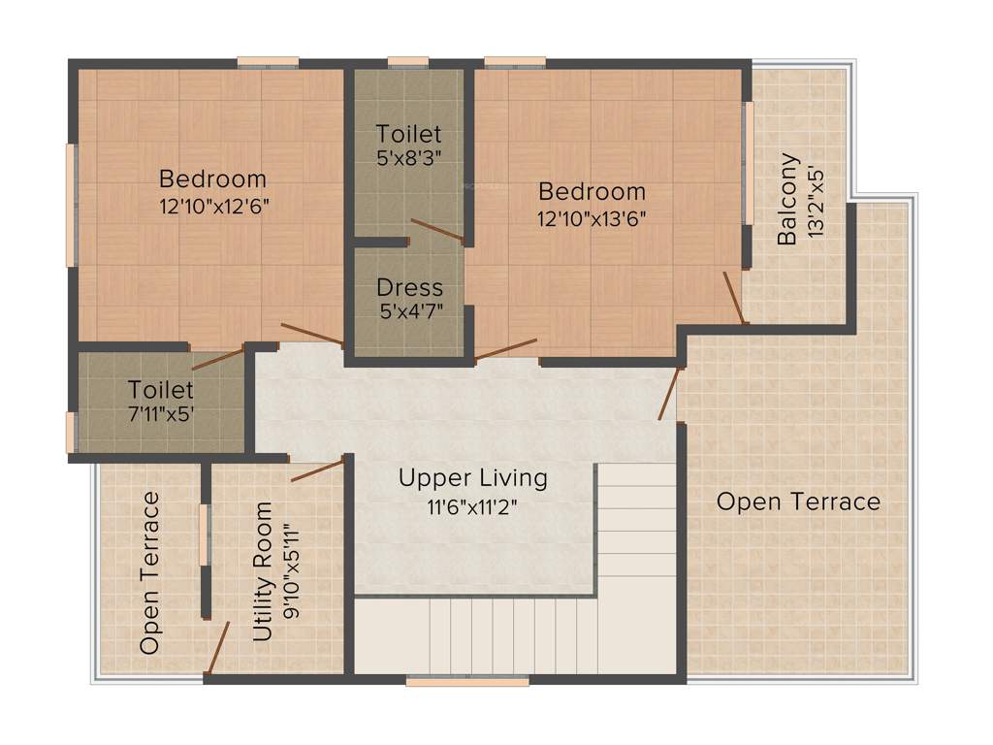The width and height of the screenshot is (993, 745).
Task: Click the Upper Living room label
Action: pyautogui.click(x=472, y=478)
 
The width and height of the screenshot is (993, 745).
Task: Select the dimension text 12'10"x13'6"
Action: pyautogui.click(x=592, y=217)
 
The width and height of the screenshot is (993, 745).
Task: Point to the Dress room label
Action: pyautogui.click(x=409, y=288)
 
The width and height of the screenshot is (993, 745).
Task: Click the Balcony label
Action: pyautogui.click(x=789, y=199)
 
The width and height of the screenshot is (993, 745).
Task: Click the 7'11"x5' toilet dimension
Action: pyautogui.click(x=161, y=414)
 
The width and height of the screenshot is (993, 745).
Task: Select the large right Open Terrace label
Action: pyautogui.click(x=798, y=502)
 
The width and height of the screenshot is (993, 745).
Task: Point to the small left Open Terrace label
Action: pyautogui.click(x=149, y=572)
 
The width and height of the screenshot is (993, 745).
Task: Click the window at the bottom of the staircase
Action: pyautogui.click(x=467, y=682)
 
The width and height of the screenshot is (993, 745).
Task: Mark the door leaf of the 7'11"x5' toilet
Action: pyautogui.click(x=217, y=357)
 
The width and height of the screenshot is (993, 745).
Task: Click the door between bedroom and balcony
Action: pyautogui.click(x=735, y=297)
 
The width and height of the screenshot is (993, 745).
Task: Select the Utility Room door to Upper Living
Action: pyautogui.click(x=317, y=470)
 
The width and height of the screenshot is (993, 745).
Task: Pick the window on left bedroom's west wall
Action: pyautogui.click(x=71, y=205)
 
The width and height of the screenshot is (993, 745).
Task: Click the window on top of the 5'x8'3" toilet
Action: pyautogui.click(x=408, y=63)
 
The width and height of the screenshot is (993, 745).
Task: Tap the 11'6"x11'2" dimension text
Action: pyautogui.click(x=472, y=506)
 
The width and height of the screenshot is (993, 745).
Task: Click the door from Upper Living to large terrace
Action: pyautogui.click(x=669, y=394)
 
